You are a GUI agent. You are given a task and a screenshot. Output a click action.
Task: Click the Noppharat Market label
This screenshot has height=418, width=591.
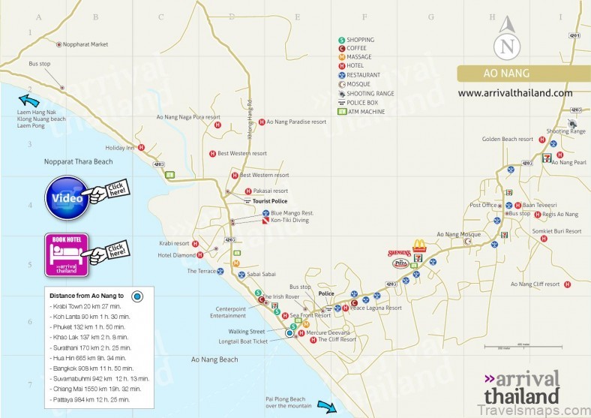[86, 44]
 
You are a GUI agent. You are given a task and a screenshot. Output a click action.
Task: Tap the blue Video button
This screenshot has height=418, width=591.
[66, 197]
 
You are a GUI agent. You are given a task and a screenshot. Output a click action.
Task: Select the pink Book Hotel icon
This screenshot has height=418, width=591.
[67, 254]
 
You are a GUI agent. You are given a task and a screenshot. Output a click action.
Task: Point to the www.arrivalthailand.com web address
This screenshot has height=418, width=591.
[514, 93]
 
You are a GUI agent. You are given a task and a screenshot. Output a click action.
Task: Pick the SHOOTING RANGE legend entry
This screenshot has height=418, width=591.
[369, 94]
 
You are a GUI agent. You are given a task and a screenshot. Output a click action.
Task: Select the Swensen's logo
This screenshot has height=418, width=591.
[399, 254]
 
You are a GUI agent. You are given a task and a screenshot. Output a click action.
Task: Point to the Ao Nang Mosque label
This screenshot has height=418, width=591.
[457, 234]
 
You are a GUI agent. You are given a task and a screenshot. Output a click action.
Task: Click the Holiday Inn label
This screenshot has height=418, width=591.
[119, 148]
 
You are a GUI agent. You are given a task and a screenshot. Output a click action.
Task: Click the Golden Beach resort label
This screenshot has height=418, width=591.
[507, 139]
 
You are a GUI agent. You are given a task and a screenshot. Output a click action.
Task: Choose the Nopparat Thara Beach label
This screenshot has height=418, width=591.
[73, 161]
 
